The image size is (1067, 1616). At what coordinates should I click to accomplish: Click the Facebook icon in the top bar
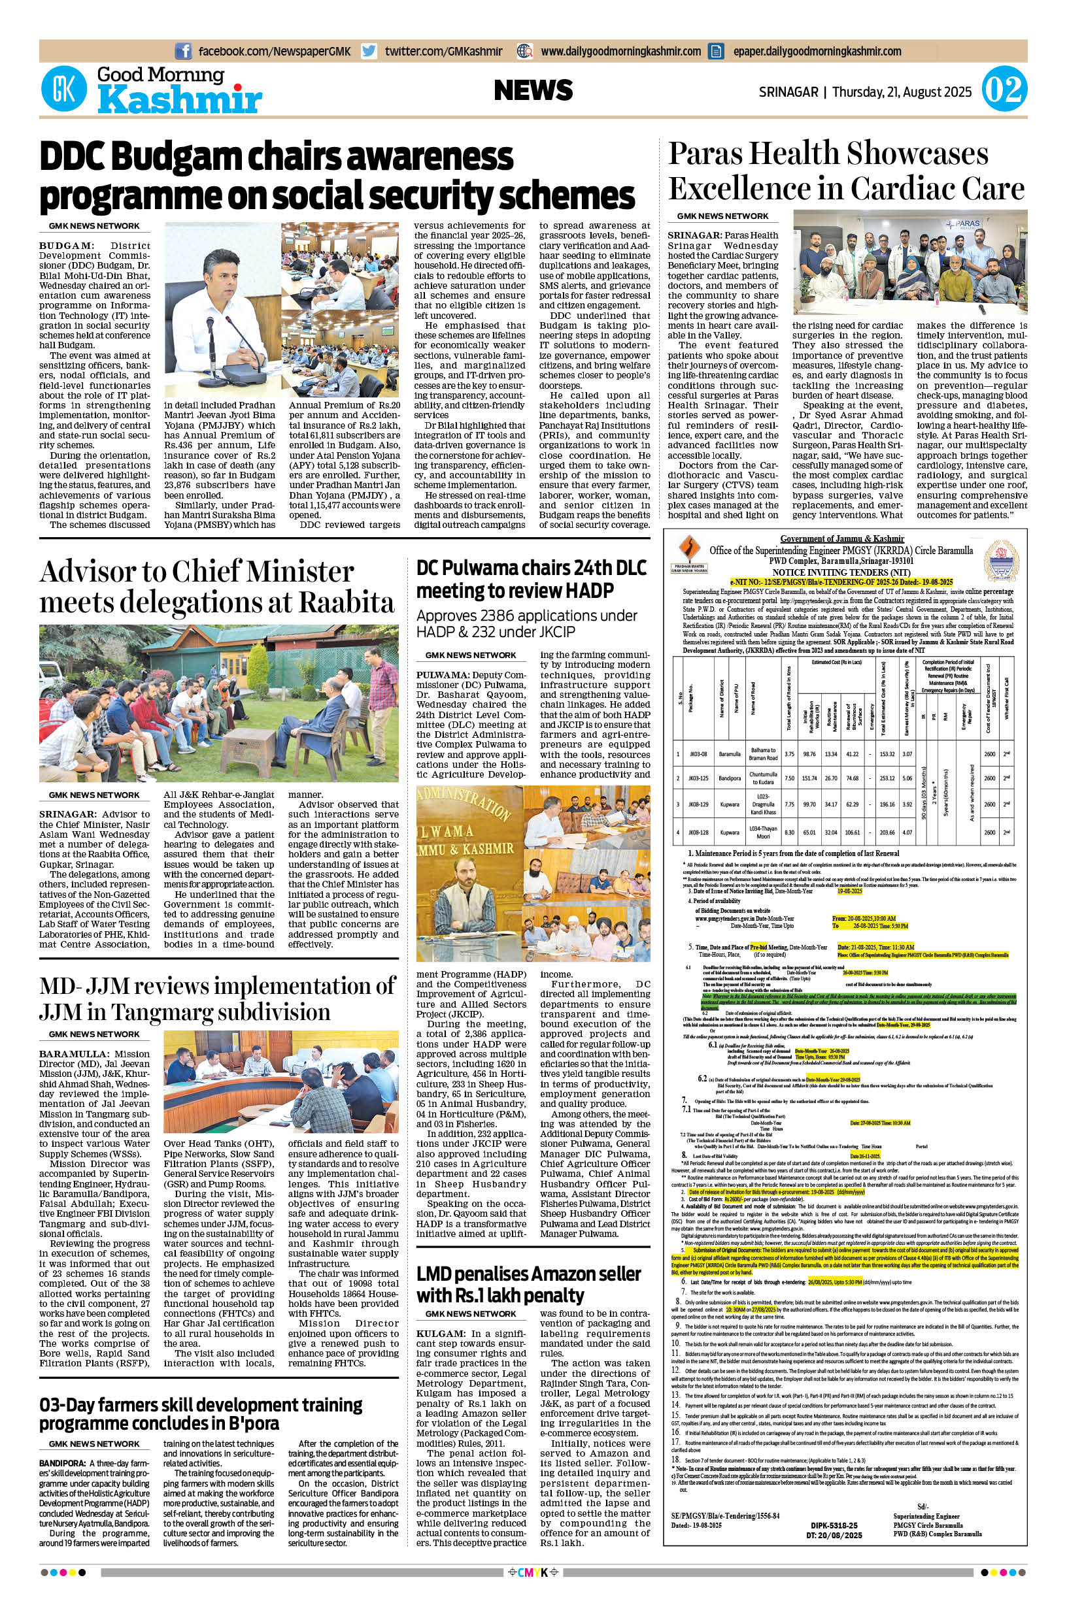tap(183, 51)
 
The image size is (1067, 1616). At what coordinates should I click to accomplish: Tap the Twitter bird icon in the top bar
tap(369, 51)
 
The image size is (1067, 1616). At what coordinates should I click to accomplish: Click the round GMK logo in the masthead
tap(65, 90)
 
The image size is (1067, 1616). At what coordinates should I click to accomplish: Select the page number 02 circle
tap(1004, 90)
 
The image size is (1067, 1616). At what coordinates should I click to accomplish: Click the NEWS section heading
tap(533, 90)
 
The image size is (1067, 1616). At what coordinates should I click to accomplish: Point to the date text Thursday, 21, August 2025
tap(902, 91)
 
